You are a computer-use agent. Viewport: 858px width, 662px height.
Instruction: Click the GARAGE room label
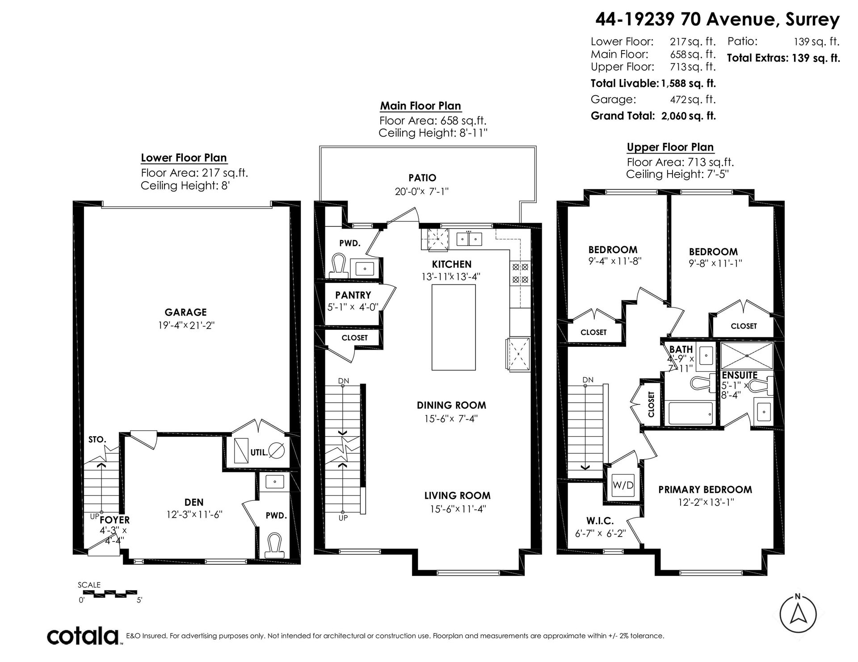click(185, 312)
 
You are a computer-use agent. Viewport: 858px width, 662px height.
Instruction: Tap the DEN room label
click(194, 502)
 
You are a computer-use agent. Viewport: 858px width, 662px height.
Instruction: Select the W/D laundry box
click(623, 485)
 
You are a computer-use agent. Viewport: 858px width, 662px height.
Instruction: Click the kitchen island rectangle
click(454, 327)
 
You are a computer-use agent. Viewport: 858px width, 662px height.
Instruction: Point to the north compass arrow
click(798, 616)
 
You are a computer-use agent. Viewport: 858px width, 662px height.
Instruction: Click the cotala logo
click(83, 635)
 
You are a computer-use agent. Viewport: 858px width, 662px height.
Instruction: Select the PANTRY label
click(353, 295)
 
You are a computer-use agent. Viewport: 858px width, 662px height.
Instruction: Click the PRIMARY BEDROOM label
click(705, 490)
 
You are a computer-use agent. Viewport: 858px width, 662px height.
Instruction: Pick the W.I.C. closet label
click(600, 520)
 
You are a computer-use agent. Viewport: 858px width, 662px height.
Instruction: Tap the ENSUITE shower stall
click(746, 356)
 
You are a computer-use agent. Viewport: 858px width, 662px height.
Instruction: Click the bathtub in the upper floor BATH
click(690, 413)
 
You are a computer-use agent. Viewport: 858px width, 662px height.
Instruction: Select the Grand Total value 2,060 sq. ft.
click(689, 116)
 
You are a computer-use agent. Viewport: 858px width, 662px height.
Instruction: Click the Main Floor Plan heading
click(421, 106)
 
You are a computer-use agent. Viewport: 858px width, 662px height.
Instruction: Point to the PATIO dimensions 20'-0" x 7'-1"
click(422, 192)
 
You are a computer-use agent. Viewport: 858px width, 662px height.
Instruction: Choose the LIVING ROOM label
click(457, 495)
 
